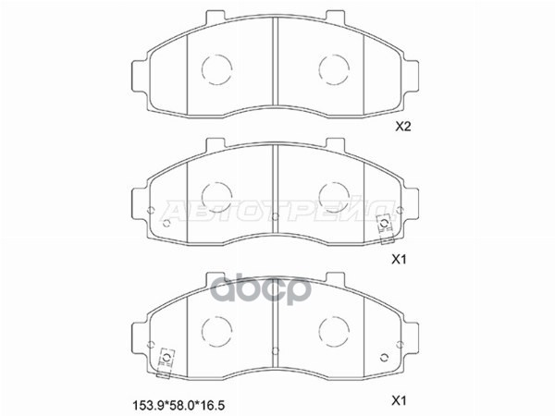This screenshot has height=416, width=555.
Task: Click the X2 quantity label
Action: tap(402, 128)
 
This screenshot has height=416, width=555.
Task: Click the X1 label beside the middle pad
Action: tap(400, 261)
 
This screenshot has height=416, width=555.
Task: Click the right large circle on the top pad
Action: tap(332, 67)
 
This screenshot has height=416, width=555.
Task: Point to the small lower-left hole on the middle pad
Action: tap(167, 224)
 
